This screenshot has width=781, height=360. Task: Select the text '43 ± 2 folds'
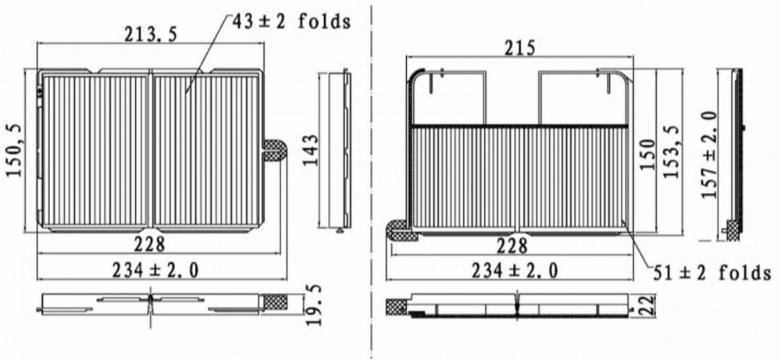pyautogui.click(x=291, y=21)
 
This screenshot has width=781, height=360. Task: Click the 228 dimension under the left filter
pyautogui.click(x=149, y=244)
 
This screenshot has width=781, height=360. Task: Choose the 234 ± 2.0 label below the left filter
pyautogui.click(x=155, y=270)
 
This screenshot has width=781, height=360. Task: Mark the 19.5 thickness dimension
pyautogui.click(x=313, y=305)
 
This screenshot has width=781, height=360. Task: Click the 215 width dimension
pyautogui.click(x=519, y=48)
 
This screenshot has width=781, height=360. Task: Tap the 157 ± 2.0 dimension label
pyautogui.click(x=709, y=155)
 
